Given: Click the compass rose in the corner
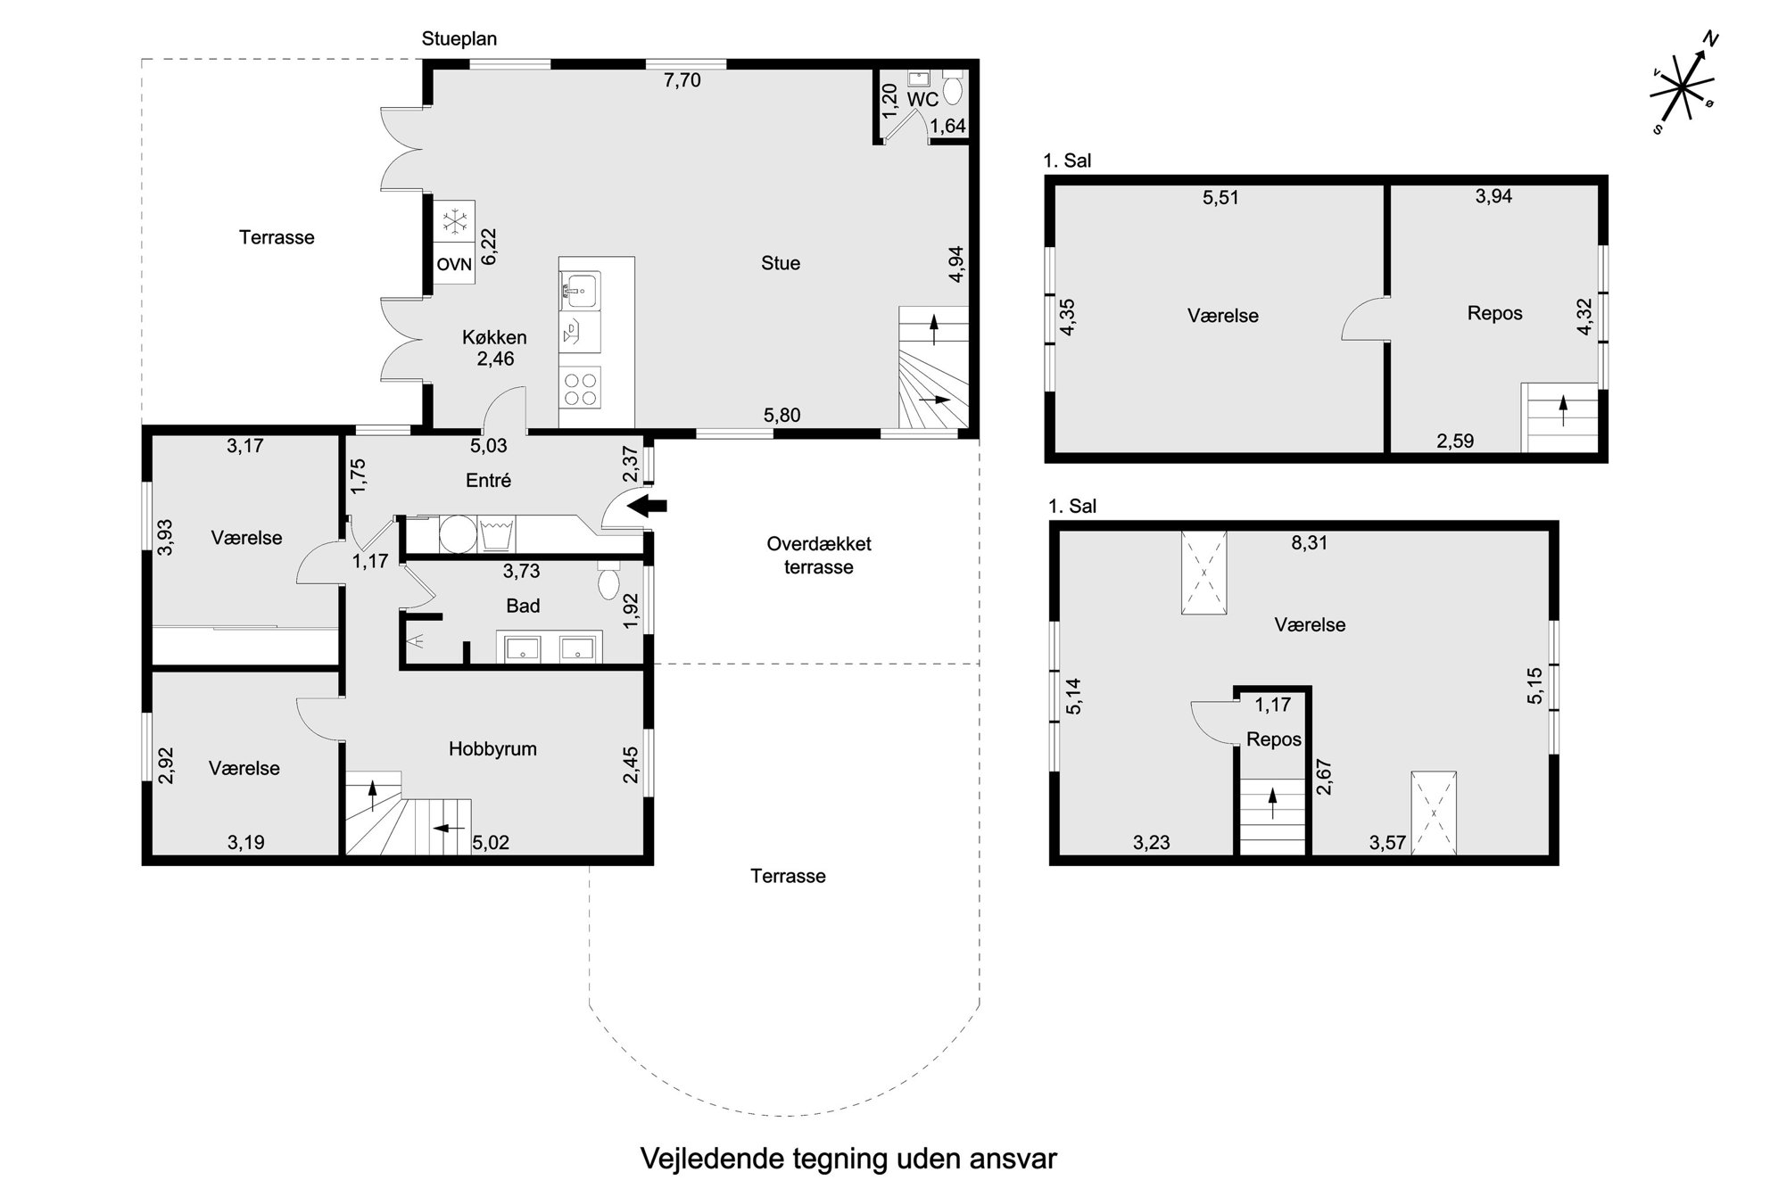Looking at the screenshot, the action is click(x=1683, y=85).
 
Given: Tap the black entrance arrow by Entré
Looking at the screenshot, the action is click(x=649, y=507).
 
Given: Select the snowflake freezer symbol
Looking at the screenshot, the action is click(x=455, y=221).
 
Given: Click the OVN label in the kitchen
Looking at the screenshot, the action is click(x=454, y=265).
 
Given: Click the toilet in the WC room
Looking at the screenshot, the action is click(x=953, y=89).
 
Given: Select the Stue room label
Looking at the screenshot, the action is click(x=781, y=263).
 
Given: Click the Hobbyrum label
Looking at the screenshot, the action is click(x=492, y=749).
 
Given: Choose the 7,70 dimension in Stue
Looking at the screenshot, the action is click(x=682, y=80).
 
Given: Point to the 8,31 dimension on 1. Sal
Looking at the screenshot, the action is click(x=1310, y=542).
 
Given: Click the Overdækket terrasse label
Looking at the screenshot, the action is click(x=819, y=556).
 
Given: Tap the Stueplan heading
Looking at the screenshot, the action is click(x=459, y=39).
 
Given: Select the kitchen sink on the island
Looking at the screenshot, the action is click(x=581, y=290).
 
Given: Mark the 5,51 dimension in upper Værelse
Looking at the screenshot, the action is click(x=1221, y=198).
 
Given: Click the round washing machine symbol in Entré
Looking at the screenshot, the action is click(x=459, y=535).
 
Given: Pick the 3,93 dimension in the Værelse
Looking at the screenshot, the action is click(x=165, y=538).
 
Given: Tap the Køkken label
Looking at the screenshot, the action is click(x=494, y=338).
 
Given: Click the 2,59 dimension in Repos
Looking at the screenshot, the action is click(x=1455, y=441).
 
